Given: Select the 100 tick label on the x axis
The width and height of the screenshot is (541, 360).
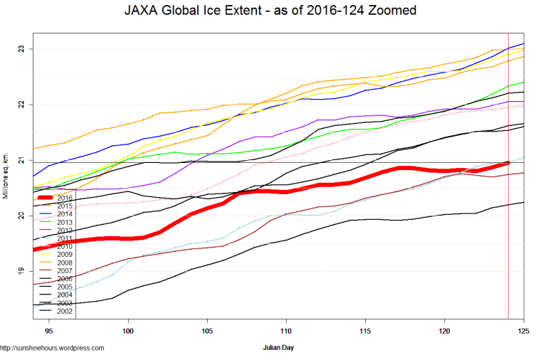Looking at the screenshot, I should [x=128, y=331].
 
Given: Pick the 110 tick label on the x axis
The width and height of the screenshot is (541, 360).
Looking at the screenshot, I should [x=286, y=331].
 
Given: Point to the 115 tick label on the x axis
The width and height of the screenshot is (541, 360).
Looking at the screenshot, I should [x=365, y=331].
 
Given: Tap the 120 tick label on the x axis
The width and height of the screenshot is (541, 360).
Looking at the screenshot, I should [x=444, y=331].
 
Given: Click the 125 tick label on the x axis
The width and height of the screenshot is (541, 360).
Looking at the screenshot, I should [x=523, y=331].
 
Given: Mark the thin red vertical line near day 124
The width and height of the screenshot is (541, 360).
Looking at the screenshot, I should [x=508, y=213].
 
